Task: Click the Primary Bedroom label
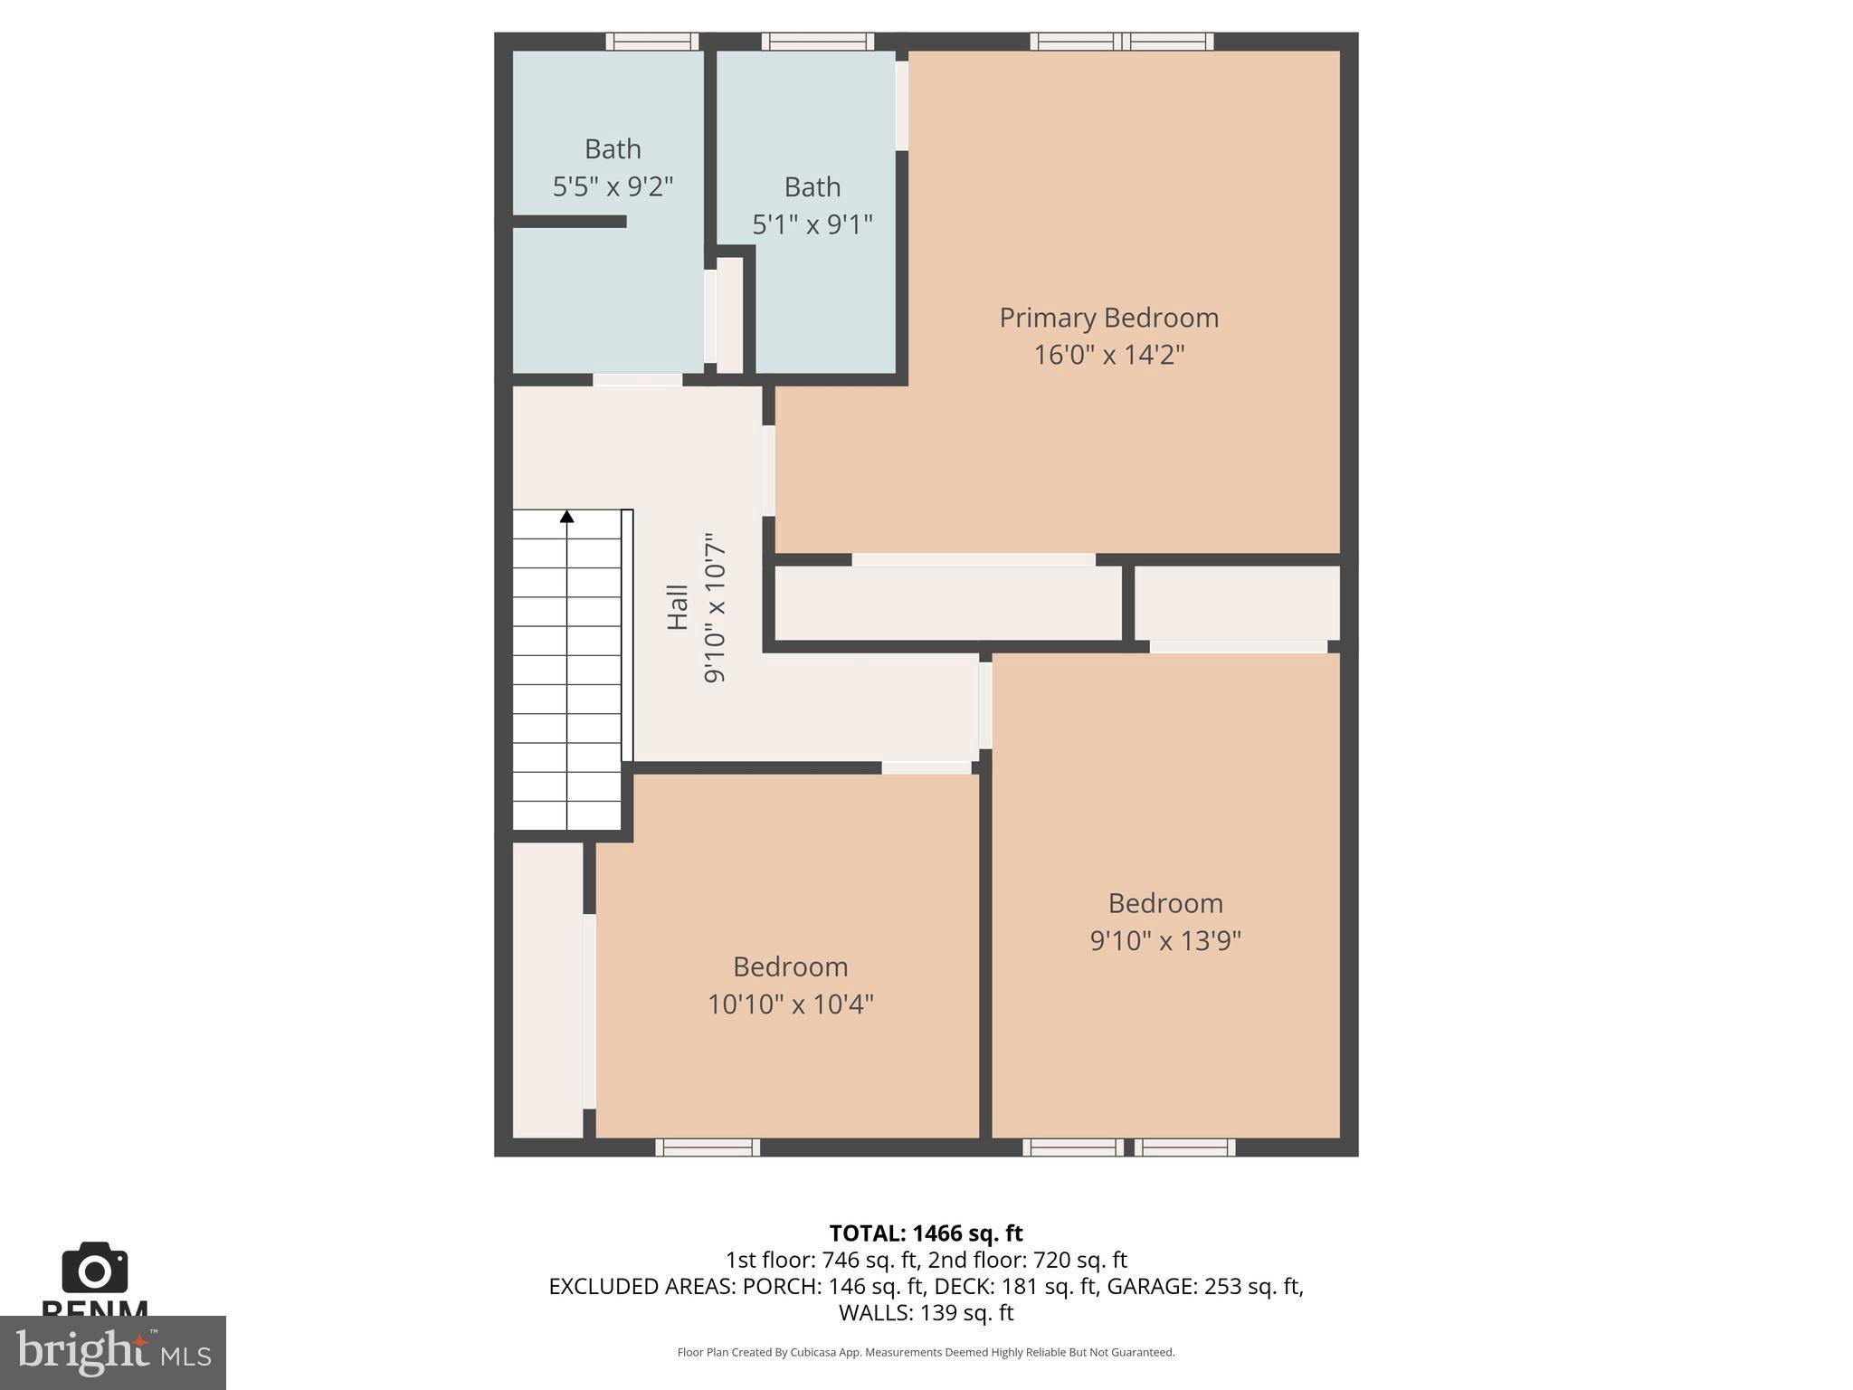(1108, 318)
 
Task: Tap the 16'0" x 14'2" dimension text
(1108, 355)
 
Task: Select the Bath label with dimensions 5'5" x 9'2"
(613, 148)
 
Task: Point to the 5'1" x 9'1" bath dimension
(812, 224)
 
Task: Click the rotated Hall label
(677, 607)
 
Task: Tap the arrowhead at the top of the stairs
(567, 517)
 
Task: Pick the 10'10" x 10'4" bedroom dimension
(790, 1004)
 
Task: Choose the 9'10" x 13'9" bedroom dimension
(1164, 941)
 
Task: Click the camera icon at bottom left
(94, 1268)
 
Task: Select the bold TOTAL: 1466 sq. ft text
(926, 1233)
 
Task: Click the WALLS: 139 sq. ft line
(926, 1312)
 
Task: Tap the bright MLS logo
(113, 1353)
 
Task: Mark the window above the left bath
(651, 42)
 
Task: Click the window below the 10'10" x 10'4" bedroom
(708, 1147)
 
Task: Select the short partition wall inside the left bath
(569, 222)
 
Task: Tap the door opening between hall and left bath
(637, 380)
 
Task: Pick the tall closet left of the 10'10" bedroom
(547, 990)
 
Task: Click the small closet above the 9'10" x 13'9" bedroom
(1236, 603)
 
